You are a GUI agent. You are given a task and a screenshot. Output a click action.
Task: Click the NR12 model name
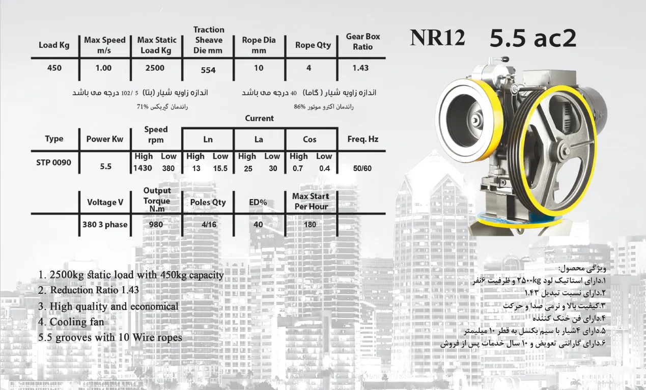point(437,38)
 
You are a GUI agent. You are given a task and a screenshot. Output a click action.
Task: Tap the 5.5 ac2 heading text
point(533,38)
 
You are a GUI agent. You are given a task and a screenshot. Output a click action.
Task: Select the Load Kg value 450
point(54,68)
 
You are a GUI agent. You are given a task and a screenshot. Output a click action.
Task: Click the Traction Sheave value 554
point(208,70)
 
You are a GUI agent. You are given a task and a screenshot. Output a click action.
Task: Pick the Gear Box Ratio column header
point(363,42)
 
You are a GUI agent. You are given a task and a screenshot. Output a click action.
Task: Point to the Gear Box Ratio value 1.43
point(360,68)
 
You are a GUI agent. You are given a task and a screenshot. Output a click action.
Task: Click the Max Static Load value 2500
point(155,68)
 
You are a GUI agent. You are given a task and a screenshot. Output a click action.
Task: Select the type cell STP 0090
point(53,163)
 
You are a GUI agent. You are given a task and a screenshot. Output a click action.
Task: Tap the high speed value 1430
point(143,168)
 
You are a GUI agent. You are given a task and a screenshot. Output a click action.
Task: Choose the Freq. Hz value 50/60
point(362,169)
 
